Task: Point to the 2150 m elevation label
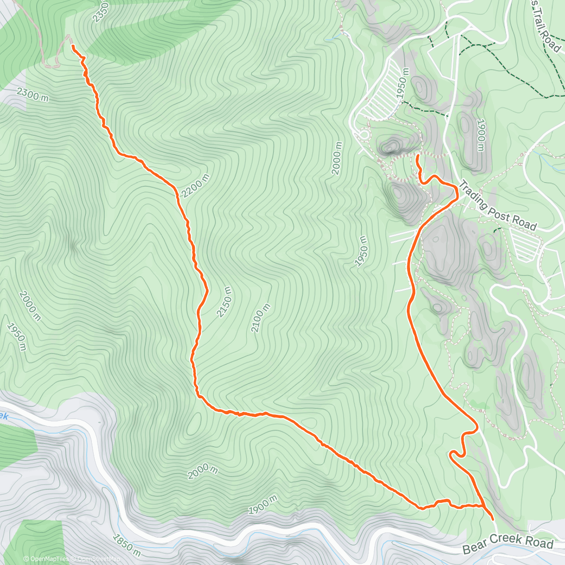(225, 302)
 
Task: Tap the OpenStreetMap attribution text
(97, 559)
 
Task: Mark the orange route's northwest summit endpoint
(73, 46)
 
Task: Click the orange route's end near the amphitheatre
(418, 156)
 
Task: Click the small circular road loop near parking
(363, 134)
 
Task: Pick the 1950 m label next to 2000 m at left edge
(16, 336)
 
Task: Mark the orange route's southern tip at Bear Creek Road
(492, 518)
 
